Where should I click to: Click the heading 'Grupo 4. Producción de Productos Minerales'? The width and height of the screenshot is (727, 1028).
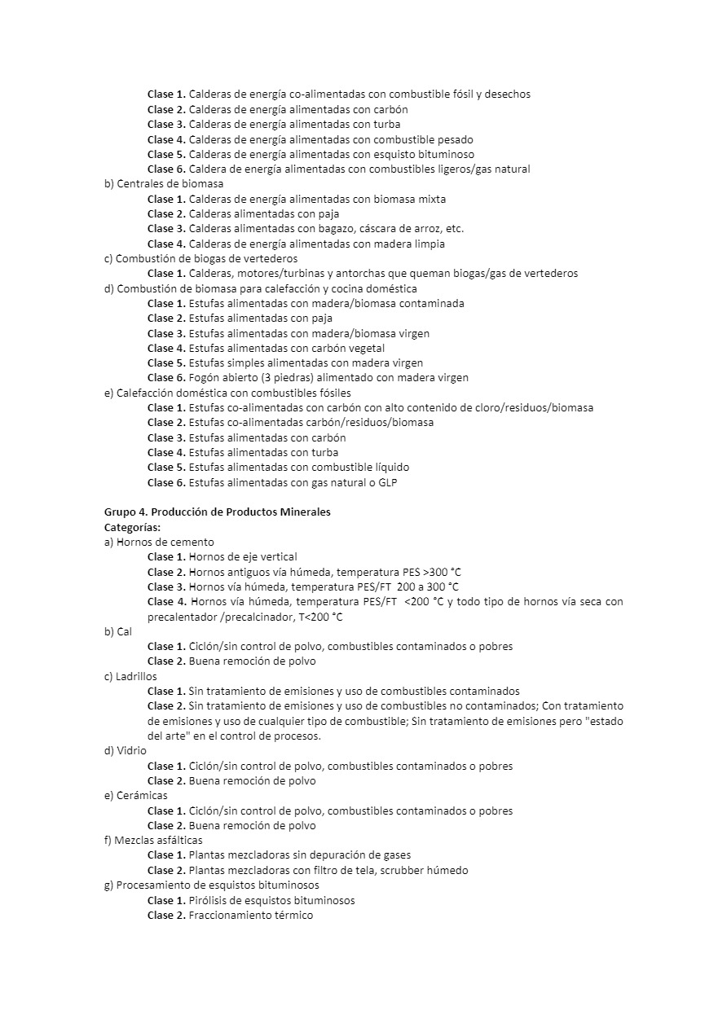click(x=217, y=512)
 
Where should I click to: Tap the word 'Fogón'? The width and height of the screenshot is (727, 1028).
click(x=204, y=378)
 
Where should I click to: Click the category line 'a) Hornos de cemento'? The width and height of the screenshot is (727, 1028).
click(x=159, y=542)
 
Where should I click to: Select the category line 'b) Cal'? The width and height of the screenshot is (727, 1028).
click(x=117, y=631)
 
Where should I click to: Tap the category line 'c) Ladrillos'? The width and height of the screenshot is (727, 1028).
click(x=130, y=676)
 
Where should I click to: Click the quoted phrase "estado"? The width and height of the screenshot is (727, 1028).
click(x=604, y=721)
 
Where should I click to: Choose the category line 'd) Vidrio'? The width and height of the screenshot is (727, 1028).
click(x=126, y=751)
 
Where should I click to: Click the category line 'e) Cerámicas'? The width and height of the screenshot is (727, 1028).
click(x=135, y=796)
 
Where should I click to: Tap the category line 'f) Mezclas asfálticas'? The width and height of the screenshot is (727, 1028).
click(x=153, y=841)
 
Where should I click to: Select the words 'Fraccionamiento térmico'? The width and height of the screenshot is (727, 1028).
click(x=250, y=915)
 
